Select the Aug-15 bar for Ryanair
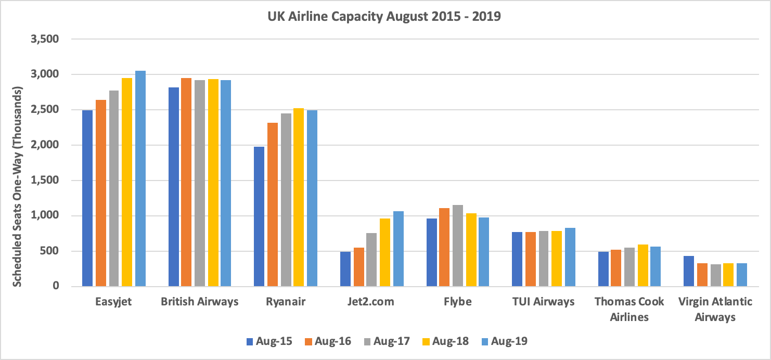coord(259,216)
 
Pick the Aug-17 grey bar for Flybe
coord(458,246)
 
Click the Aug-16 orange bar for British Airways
coord(186,182)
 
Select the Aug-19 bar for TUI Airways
coord(570,257)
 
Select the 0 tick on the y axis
coord(56,286)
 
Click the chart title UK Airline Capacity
coord(384,16)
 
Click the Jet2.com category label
coord(371,302)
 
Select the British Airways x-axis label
coord(200,302)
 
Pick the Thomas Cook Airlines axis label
coord(629,309)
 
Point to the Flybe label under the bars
coord(457,302)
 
